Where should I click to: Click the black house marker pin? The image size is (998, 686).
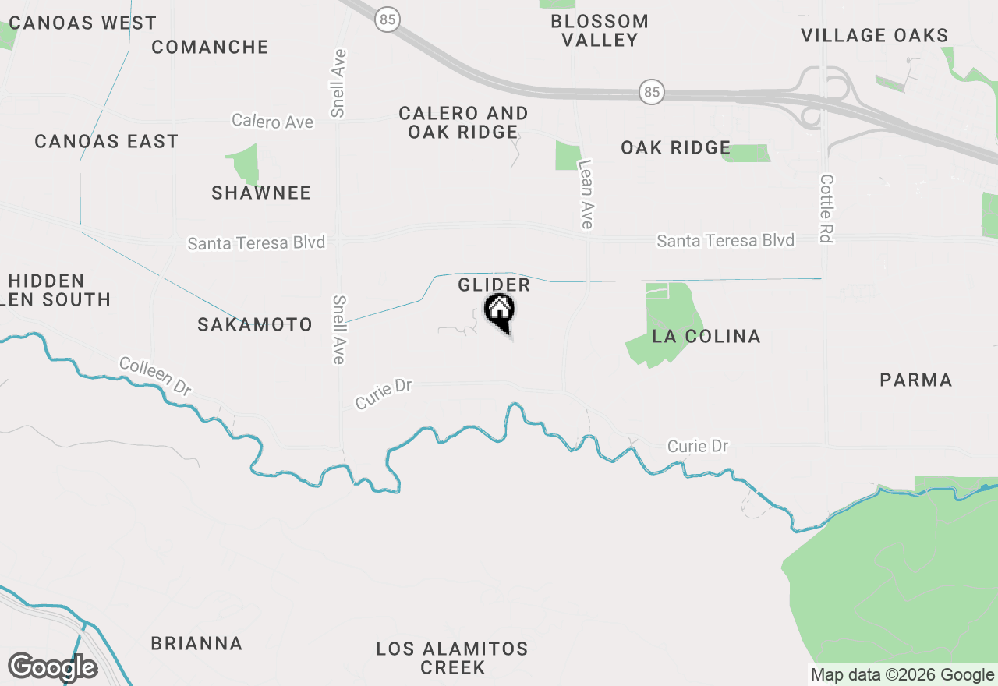point(499,312)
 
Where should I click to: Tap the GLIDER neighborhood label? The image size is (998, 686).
point(494,285)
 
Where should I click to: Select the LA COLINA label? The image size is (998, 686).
point(706,336)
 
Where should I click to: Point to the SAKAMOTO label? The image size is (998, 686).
point(255,324)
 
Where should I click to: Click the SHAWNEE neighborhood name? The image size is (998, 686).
point(261,193)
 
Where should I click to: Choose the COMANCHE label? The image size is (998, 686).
point(210,47)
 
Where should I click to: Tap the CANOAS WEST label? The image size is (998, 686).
point(83,23)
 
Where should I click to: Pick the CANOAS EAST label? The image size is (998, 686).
point(107,141)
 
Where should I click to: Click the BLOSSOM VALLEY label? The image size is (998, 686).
point(600,30)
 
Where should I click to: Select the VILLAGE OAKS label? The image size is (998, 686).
point(875,35)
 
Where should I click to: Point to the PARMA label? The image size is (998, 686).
point(916,380)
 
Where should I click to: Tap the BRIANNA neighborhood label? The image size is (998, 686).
point(196,643)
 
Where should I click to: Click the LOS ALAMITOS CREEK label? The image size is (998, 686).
point(452,658)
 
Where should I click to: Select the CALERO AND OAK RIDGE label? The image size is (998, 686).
point(463,122)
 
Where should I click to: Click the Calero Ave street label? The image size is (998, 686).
point(272,122)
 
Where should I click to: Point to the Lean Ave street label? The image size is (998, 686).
point(586,194)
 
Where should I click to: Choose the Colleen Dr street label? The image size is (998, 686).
point(155,376)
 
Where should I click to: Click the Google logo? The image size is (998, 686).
point(52,667)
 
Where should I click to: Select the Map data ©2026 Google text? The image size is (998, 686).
point(902,675)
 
